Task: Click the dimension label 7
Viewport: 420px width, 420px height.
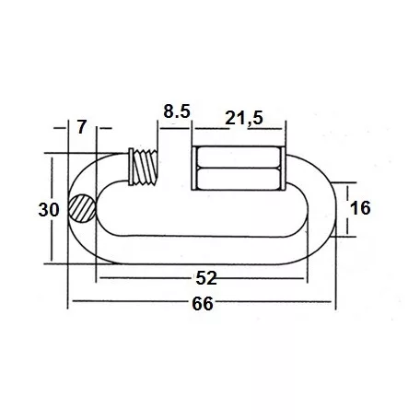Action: (x=83, y=127)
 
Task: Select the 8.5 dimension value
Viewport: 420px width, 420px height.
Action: (x=177, y=112)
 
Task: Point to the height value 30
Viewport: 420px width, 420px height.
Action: (x=50, y=209)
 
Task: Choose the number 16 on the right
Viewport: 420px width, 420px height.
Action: (x=360, y=209)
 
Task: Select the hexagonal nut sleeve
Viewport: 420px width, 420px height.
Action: (x=239, y=168)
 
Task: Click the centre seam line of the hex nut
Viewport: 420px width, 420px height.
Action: (x=239, y=168)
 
